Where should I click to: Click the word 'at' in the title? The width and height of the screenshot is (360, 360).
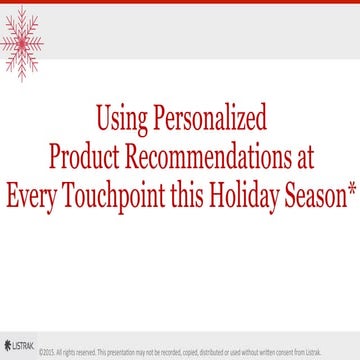[302, 157]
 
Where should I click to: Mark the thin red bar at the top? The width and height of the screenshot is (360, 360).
[180, 2]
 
